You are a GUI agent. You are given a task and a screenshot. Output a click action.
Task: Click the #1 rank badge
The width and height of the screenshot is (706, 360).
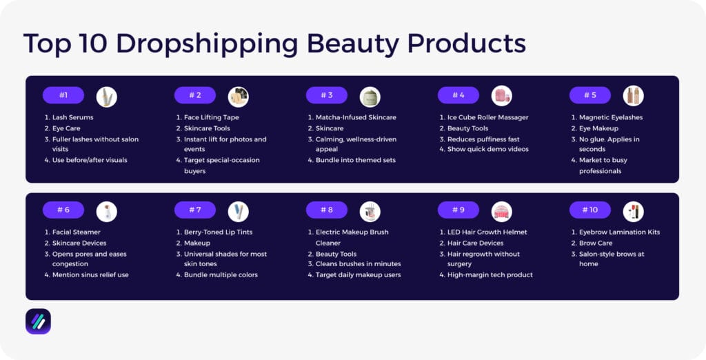pyautogui.click(x=63, y=95)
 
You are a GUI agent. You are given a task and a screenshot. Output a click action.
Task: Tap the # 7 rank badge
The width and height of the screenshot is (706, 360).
pyautogui.click(x=195, y=210)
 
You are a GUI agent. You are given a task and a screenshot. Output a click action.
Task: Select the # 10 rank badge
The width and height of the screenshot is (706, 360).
pyautogui.click(x=590, y=210)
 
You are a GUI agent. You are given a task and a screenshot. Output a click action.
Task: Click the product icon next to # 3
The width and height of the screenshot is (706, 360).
pyautogui.click(x=370, y=97)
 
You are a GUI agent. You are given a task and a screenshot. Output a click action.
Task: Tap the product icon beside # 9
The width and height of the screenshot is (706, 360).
pyautogui.click(x=501, y=211)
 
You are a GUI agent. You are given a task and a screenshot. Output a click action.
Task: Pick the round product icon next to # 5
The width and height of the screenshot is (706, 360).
pyautogui.click(x=633, y=96)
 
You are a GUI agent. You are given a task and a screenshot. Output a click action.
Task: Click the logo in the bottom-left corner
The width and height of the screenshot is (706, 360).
pyautogui.click(x=38, y=321)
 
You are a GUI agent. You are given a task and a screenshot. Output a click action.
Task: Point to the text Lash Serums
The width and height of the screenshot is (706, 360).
pyautogui.click(x=73, y=117)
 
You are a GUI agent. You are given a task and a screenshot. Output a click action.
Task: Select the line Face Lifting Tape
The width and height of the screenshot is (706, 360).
pyautogui.click(x=211, y=117)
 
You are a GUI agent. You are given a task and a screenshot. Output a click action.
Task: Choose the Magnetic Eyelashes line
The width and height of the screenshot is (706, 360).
pyautogui.click(x=611, y=117)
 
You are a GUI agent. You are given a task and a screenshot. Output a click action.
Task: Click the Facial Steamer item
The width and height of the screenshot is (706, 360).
pyautogui.click(x=77, y=232)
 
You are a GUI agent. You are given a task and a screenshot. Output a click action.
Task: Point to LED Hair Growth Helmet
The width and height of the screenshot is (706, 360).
pyautogui.click(x=487, y=232)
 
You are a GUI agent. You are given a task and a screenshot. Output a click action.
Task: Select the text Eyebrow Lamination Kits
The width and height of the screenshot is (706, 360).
pyautogui.click(x=619, y=232)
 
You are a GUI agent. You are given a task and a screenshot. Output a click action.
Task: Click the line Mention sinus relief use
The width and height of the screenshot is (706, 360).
pyautogui.click(x=90, y=274)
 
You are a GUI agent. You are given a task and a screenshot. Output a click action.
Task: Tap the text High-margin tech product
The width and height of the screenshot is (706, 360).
pyautogui.click(x=490, y=274)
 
